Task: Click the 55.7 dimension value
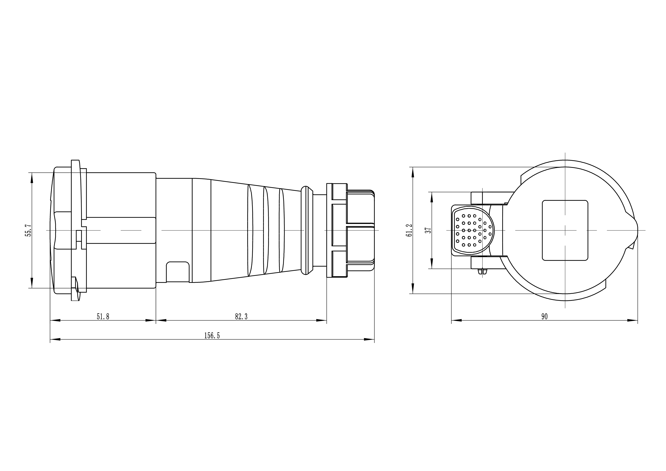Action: point(28,230)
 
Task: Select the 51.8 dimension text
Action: point(103,316)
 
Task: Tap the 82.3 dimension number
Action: point(241,316)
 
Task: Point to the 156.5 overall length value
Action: point(212,336)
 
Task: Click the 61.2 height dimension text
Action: point(409,230)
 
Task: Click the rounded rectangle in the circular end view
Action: point(565,230)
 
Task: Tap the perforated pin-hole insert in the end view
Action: point(473,230)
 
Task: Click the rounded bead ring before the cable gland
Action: point(307,230)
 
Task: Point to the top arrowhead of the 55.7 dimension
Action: point(32,177)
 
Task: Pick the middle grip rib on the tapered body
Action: point(266,230)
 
